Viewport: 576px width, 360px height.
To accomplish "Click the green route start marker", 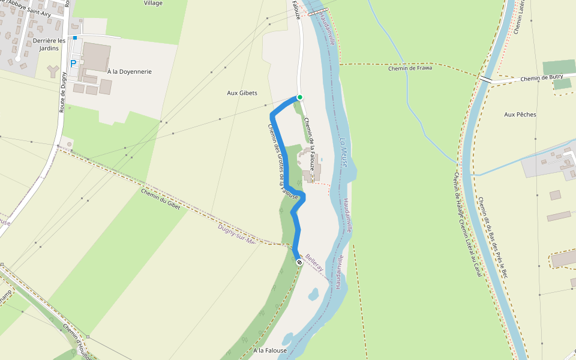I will point(299,97).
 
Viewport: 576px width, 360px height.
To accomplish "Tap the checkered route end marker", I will point(299,262).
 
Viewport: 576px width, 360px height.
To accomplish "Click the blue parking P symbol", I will point(74,63).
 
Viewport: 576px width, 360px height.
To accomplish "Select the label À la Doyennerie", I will point(129,71).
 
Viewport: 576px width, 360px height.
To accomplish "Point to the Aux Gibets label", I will point(242,93).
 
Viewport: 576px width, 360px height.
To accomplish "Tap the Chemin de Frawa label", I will point(410,68).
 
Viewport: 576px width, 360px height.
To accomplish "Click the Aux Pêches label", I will point(520,115).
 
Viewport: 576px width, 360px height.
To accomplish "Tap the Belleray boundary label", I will point(314,263).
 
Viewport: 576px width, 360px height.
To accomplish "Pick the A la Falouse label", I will point(270,350).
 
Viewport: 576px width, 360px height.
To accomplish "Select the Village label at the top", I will point(153,3).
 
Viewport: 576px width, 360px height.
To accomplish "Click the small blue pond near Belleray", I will point(313,294).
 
